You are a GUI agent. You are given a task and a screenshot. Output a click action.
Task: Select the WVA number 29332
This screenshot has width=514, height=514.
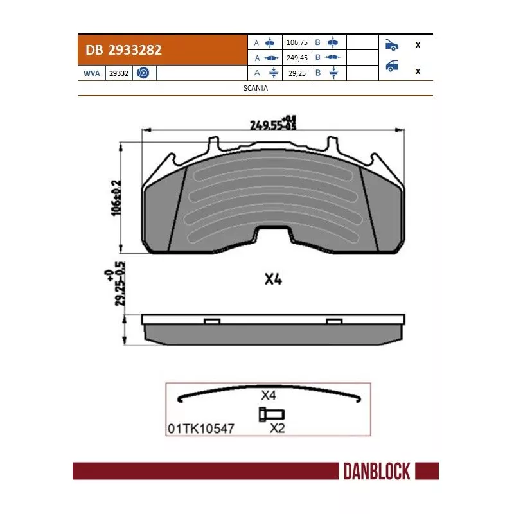(119, 73)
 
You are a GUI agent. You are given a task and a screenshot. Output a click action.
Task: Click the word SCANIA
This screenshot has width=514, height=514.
(256, 89)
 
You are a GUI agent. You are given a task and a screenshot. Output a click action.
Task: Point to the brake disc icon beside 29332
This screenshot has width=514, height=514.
(143, 73)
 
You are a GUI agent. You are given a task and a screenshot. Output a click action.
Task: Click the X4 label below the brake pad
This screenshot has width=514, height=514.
(274, 279)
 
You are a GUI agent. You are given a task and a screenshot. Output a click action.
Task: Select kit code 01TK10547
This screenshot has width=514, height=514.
(200, 427)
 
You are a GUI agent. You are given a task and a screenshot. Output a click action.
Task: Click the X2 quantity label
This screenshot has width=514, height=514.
(277, 428)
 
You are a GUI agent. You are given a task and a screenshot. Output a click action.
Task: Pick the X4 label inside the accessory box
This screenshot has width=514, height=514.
(269, 396)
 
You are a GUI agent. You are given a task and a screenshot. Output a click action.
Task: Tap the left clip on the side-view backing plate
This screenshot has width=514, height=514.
(211, 321)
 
